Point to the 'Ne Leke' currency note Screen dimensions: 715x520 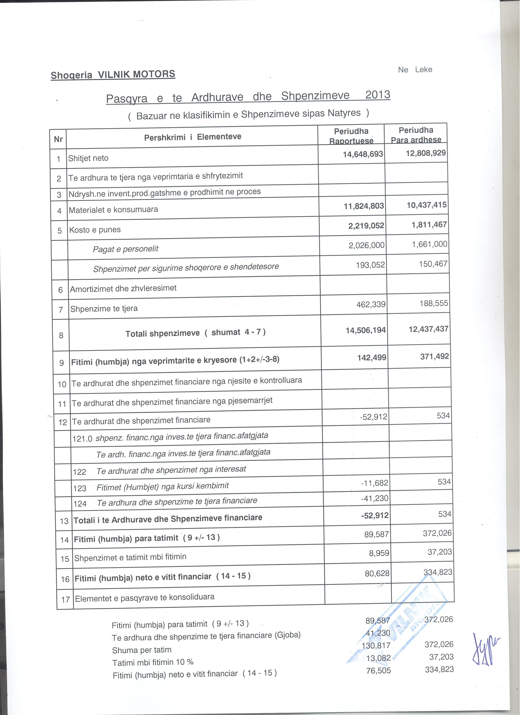click(415, 70)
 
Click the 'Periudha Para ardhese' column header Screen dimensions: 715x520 click(416, 135)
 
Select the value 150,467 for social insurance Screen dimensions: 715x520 click(433, 264)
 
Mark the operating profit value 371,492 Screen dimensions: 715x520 click(434, 356)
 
